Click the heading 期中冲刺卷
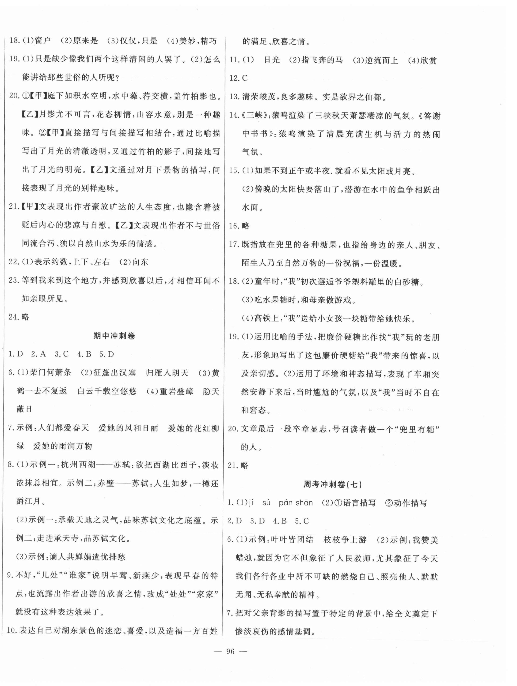(114, 336)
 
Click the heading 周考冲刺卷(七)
(333, 484)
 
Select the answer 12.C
(238, 78)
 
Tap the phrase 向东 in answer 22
(140, 262)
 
